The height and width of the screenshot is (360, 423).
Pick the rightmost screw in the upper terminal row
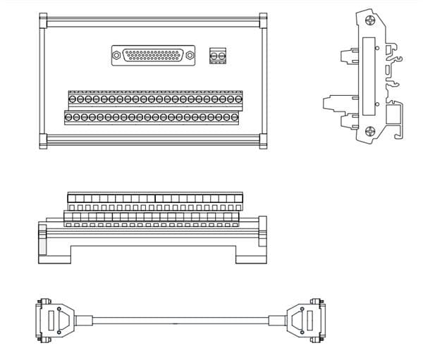237,99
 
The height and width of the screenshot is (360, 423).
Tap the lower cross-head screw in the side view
369,132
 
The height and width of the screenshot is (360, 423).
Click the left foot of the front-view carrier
54,255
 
